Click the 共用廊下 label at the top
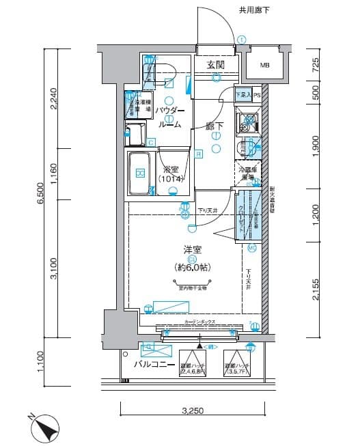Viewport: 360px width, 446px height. tap(253, 10)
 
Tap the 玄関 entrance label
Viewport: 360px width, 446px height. tap(217, 65)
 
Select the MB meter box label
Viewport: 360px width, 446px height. tap(264, 66)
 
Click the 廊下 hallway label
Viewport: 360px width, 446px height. tap(216, 126)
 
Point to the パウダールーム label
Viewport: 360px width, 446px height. tap(169, 117)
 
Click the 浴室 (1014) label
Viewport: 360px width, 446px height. tap(171, 173)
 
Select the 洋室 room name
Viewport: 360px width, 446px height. tap(192, 250)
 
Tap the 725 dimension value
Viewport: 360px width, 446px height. tap(315, 66)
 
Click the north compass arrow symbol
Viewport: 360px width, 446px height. tap(47, 429)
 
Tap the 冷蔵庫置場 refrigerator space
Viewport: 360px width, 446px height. tap(248, 173)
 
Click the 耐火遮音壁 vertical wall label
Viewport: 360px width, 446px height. tap(272, 201)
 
